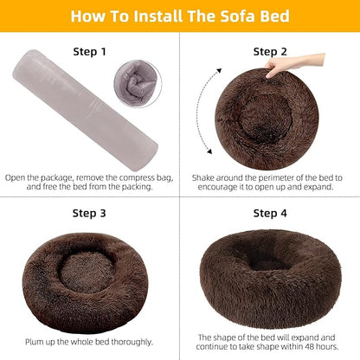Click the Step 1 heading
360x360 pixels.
90,52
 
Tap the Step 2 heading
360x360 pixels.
271,52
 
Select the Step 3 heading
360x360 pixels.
90,213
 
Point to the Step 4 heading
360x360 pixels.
271,213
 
